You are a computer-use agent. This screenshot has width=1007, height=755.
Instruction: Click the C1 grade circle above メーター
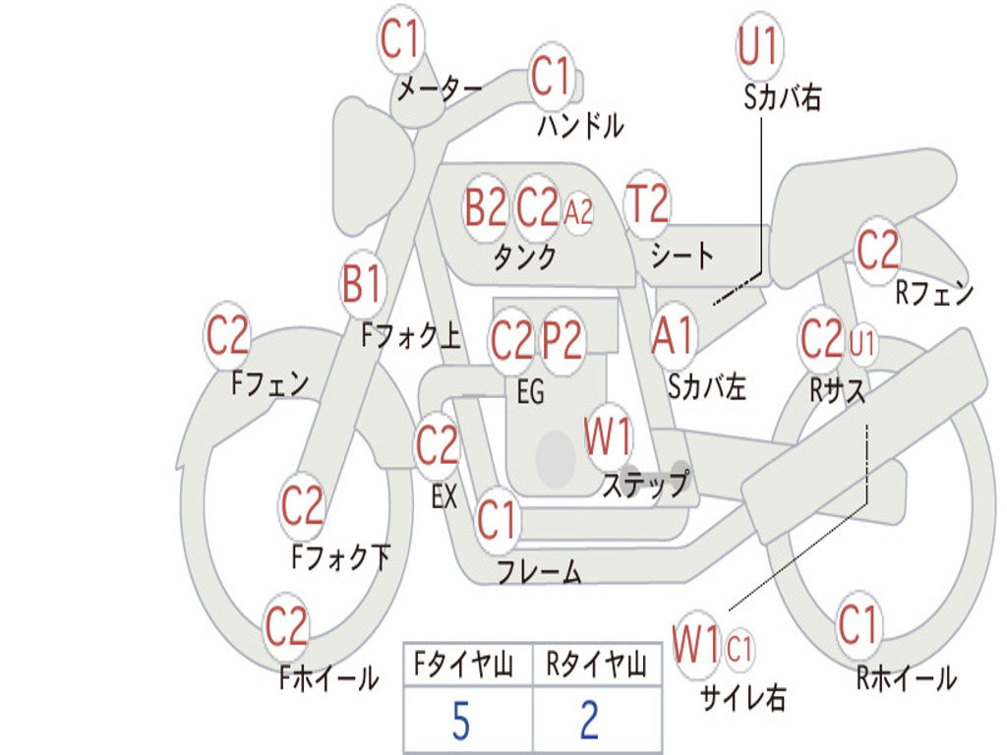click(401, 40)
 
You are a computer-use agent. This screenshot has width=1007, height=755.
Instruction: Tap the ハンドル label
click(580, 125)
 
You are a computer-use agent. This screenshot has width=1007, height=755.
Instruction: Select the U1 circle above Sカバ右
click(758, 45)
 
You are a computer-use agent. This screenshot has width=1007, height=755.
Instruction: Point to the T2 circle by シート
click(647, 204)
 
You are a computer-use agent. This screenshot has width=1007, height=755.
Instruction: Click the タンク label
click(525, 258)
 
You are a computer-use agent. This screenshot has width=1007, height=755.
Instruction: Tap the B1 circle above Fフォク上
click(362, 286)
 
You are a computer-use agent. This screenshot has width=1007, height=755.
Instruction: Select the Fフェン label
click(270, 382)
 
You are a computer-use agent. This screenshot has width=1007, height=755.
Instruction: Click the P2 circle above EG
click(563, 341)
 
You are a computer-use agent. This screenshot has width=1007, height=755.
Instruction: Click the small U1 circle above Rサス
click(862, 343)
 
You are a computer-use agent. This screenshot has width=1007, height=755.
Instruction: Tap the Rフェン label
click(934, 293)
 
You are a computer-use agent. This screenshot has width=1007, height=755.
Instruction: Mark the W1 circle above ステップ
click(609, 437)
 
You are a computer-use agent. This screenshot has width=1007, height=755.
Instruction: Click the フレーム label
click(539, 571)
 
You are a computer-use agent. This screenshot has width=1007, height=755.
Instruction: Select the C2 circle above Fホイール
click(287, 626)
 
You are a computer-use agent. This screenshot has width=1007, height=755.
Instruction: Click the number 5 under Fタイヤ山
click(460, 722)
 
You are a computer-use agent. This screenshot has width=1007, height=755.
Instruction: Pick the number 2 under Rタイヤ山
click(589, 722)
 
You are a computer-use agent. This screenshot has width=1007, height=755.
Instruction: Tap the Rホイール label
click(906, 678)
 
